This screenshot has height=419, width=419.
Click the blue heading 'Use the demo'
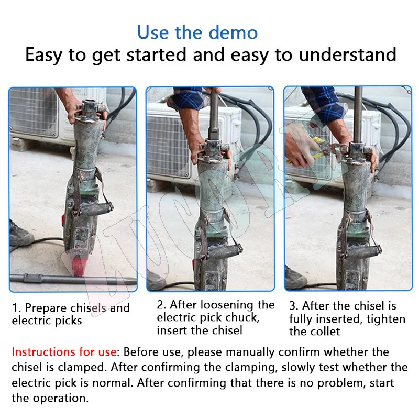(197, 32)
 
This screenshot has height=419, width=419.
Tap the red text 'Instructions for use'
(65, 352)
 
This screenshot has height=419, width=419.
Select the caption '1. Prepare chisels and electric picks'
(71, 314)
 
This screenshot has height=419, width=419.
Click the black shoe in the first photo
(19, 235)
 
